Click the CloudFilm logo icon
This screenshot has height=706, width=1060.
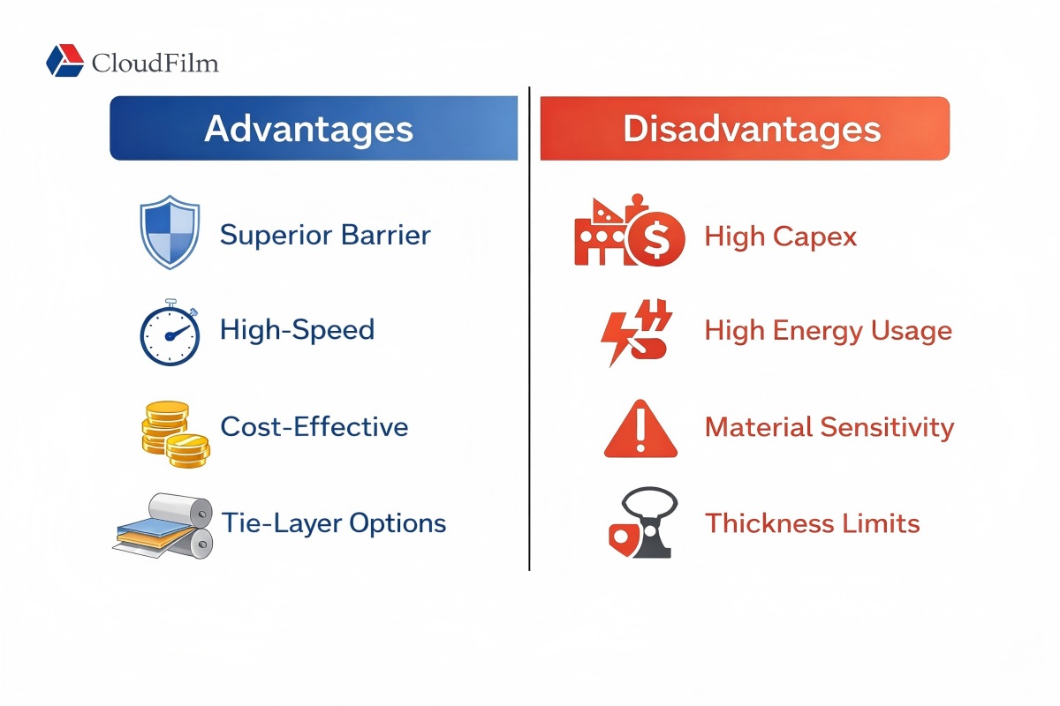[64, 61]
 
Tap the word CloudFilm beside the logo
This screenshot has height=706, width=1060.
[155, 63]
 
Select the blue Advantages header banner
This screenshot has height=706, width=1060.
[313, 129]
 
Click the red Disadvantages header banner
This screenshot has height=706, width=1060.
[744, 129]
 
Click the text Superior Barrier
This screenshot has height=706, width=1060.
[325, 235]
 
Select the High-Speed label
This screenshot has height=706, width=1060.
[297, 330]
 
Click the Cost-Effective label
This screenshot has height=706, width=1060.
[314, 427]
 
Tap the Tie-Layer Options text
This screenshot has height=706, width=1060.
[333, 523]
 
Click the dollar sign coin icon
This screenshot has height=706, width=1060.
[655, 238]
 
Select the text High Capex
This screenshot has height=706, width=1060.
[780, 236]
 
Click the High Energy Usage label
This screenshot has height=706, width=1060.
[828, 331]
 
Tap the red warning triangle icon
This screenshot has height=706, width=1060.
[640, 430]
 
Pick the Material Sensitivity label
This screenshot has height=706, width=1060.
[829, 427]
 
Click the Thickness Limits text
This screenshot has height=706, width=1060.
[812, 523]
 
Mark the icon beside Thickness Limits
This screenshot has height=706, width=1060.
[643, 524]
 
